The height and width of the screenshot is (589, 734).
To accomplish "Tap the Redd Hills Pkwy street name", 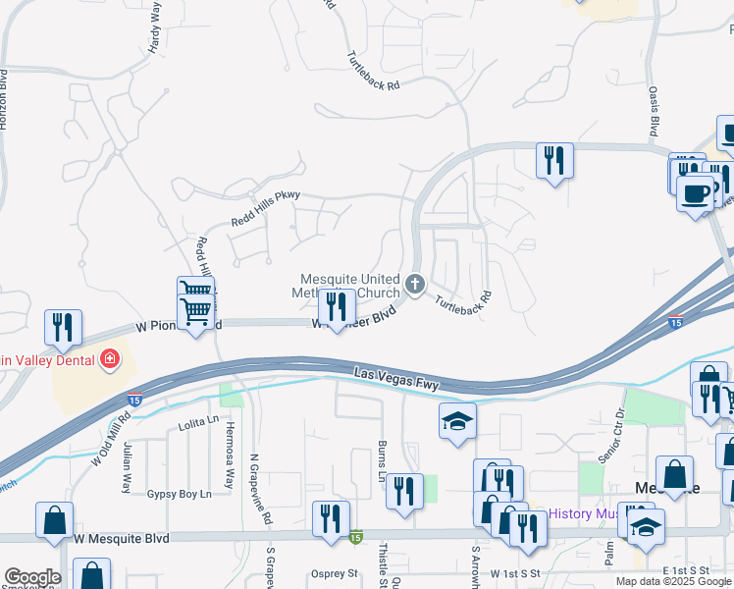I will click(x=265, y=208).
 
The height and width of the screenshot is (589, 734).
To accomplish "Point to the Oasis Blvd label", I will click(x=654, y=110).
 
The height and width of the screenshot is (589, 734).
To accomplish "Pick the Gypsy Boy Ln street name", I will click(x=179, y=494).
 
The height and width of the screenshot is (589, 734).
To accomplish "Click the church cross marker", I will click(x=415, y=285).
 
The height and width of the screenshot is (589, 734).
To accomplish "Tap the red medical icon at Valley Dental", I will click(x=108, y=360).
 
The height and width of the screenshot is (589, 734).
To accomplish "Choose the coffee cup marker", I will click(x=696, y=193).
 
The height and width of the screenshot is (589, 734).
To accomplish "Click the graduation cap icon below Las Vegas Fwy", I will click(x=457, y=421).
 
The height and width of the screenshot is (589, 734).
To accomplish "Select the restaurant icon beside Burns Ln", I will click(x=404, y=490).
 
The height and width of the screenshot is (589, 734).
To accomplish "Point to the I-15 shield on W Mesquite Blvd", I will click(x=355, y=538).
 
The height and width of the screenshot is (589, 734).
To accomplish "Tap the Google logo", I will click(x=33, y=577).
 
